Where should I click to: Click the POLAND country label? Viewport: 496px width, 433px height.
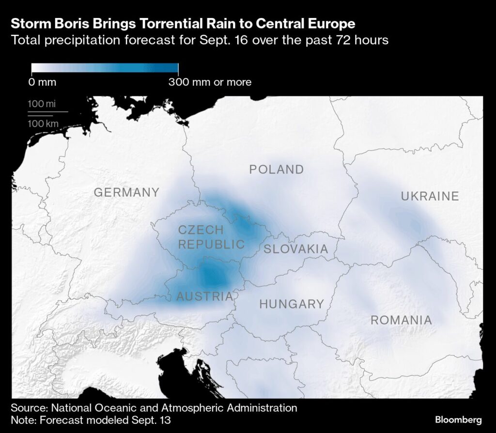coord(276,170)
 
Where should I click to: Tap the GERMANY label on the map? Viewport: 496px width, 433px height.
coord(126,192)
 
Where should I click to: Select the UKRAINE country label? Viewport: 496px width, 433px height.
coord(430,196)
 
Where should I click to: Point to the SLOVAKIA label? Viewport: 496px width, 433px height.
coord(295,249)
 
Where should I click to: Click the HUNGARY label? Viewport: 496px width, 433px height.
coord(292,304)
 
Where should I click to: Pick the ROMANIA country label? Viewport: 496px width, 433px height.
coord(401,320)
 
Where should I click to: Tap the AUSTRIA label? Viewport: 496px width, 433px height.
coord(204,296)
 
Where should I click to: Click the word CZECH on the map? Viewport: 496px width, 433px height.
coord(201,230)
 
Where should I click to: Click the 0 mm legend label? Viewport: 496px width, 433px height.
coord(42,82)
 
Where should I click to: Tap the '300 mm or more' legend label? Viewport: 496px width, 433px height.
coord(210,82)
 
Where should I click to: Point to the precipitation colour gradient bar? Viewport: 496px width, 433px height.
coord(105,69)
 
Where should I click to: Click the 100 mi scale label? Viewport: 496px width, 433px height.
coord(42,104)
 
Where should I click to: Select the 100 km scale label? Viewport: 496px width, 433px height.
coord(43,124)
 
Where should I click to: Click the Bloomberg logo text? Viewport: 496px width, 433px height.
coord(458,419)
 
